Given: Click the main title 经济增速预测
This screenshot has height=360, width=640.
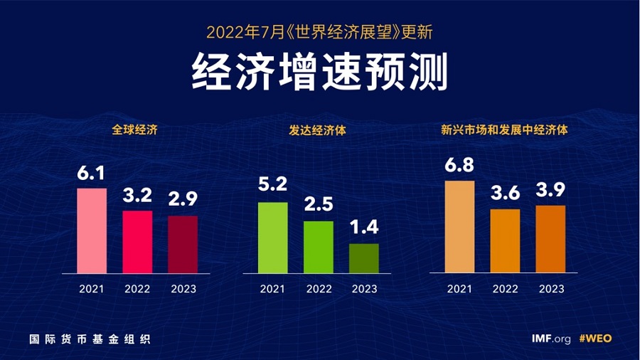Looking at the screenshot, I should [319, 72].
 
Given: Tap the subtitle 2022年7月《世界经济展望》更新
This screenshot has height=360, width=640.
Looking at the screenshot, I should [319, 32].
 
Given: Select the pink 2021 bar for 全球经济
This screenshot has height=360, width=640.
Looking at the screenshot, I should [92, 231].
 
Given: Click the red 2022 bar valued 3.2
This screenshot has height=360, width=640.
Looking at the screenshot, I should [137, 242].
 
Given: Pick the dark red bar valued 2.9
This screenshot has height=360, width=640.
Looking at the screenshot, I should [183, 245].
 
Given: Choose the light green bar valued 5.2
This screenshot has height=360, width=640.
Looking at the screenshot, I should [272, 238].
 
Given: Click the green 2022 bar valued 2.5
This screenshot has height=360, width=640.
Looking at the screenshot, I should [318, 247].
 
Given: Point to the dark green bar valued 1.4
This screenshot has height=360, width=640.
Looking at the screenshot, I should [364, 258].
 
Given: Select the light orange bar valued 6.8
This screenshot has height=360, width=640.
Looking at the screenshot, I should [459, 227].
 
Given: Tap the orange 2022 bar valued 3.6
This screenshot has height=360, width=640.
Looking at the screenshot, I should [504, 241].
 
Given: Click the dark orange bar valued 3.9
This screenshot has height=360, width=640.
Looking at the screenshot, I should [550, 239].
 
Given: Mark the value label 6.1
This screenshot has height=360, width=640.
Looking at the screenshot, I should [91, 173].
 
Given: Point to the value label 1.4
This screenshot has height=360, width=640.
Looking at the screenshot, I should [364, 228].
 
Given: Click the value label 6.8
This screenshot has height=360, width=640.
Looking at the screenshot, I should [459, 165].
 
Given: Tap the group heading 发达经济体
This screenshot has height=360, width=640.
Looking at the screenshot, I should [319, 131].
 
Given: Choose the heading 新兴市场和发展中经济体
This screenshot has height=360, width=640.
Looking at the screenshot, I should [504, 131].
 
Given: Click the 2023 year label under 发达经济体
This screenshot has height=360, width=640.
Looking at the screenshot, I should [364, 289].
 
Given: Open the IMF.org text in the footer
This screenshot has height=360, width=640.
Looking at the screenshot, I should [551, 339].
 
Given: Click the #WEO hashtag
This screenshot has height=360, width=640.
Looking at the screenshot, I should [595, 339].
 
